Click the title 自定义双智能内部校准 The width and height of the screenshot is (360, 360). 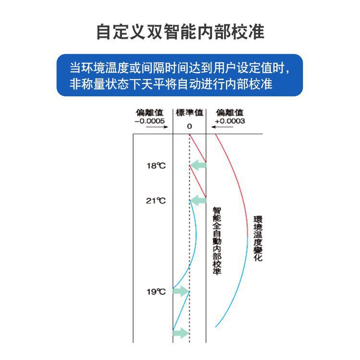click(180, 32)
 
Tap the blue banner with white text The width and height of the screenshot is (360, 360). click(180, 75)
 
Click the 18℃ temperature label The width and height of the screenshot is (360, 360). click(156, 166)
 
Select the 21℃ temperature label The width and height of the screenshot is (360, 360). click(156, 201)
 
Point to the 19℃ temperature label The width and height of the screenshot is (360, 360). click(156, 291)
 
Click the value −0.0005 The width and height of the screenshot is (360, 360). click(150, 121)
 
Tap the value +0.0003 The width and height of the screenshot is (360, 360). click(230, 121)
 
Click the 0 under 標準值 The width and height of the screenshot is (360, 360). click(189, 126)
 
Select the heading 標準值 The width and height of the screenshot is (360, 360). click(190, 113)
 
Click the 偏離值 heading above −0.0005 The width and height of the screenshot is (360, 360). click(150, 113)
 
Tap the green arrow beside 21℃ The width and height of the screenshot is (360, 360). click(198, 201)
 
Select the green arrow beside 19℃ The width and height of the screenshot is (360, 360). click(181, 291)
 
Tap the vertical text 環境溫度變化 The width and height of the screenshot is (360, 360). click(258, 239)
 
